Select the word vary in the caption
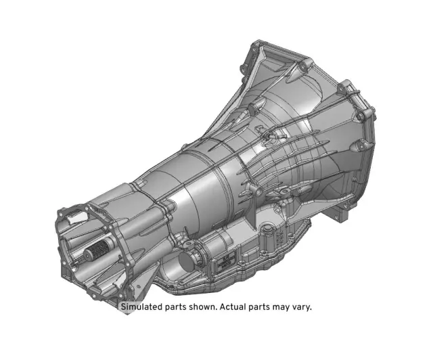[x=301, y=307]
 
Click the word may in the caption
[x=277, y=307]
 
